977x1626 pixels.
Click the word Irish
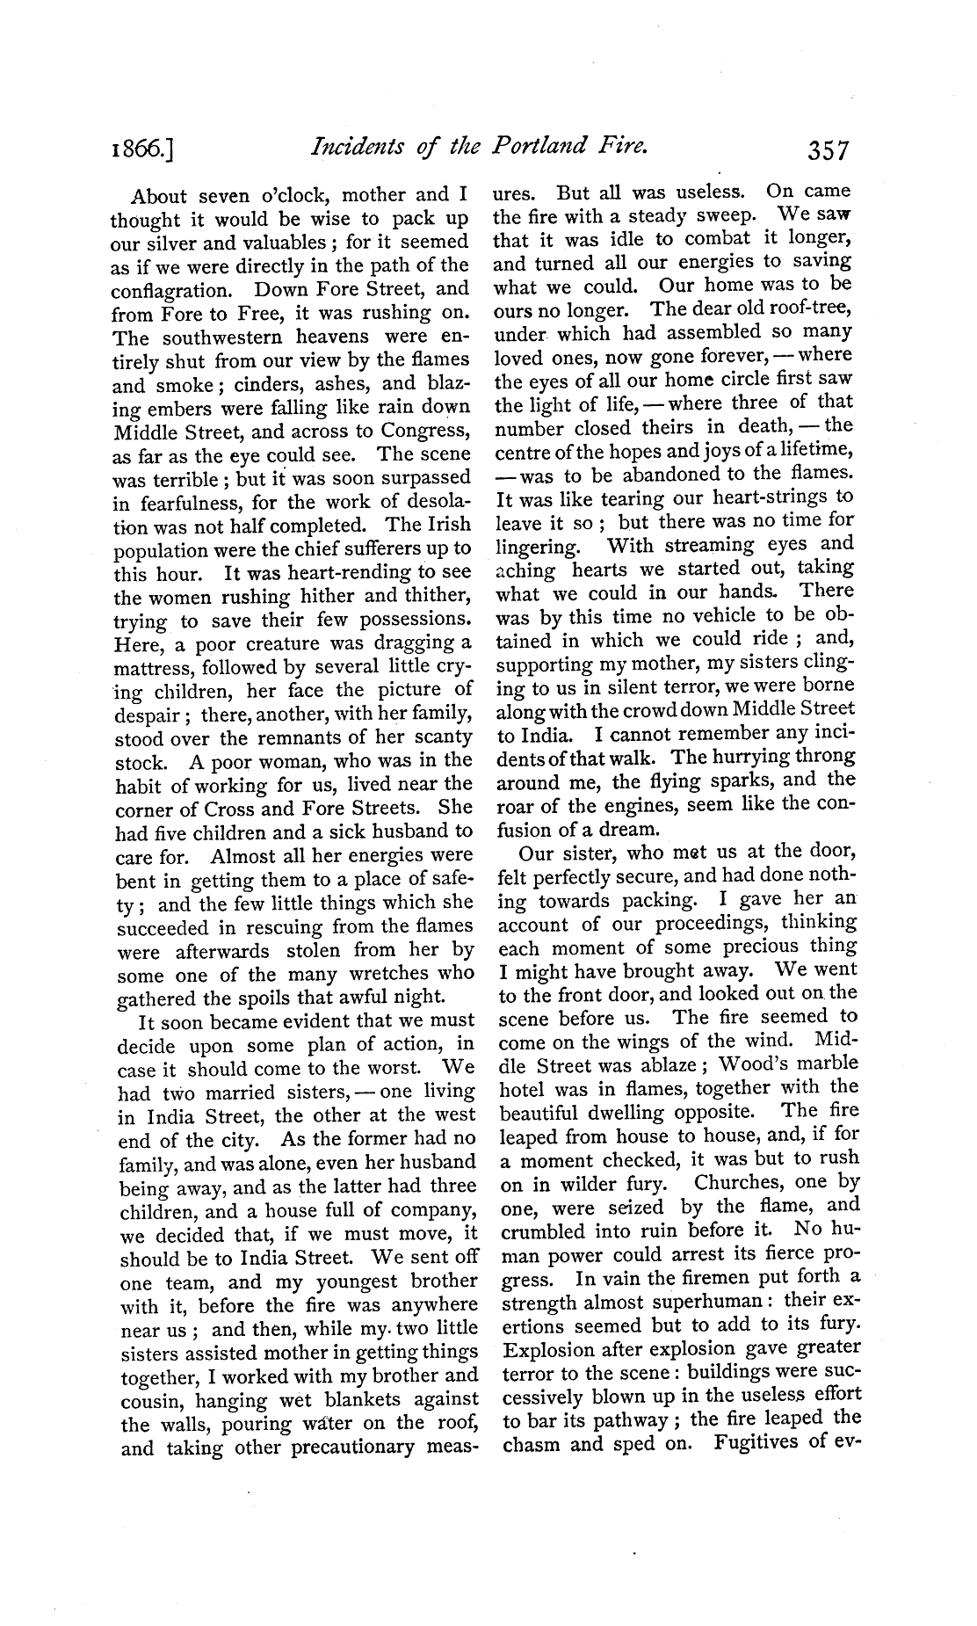(447, 526)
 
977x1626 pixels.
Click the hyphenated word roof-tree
(807, 308)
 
